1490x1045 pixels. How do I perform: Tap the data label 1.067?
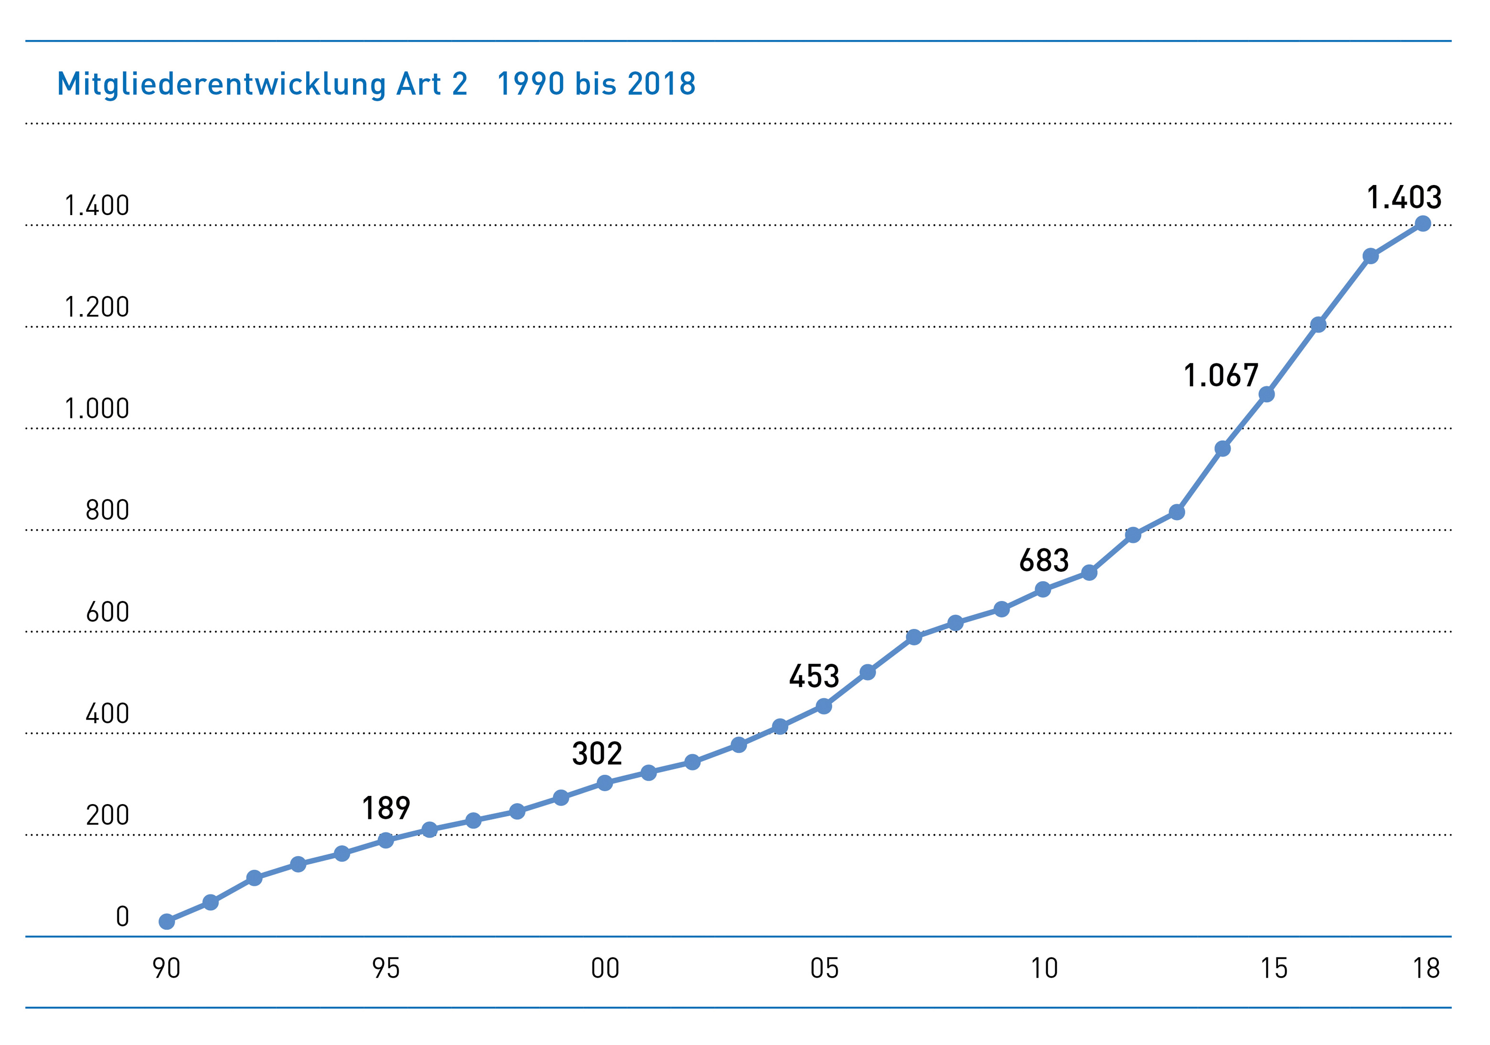coord(1221,376)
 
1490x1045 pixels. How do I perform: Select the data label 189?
coord(386,808)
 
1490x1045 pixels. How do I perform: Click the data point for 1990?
coord(167,922)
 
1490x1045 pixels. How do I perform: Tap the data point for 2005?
coord(824,706)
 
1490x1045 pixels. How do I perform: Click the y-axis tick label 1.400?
coord(96,206)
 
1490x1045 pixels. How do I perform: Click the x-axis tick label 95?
coord(386,969)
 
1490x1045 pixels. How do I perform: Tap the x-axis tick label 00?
coord(605,969)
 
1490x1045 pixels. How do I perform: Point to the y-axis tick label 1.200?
coord(96,307)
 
